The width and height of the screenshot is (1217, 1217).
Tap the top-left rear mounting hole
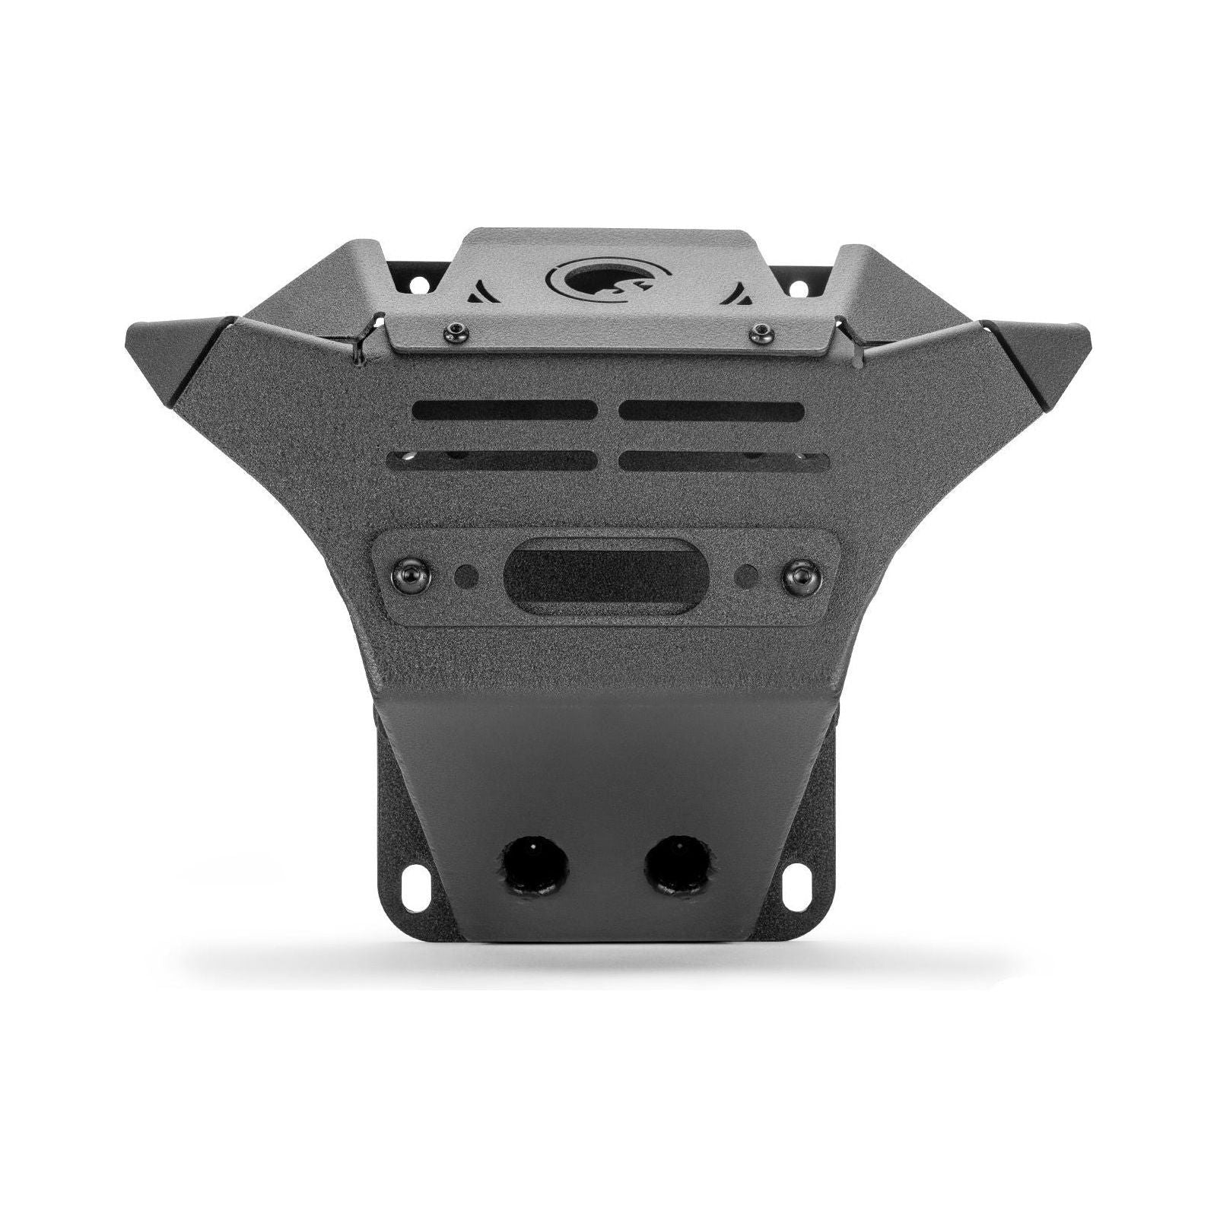click(x=417, y=284)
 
